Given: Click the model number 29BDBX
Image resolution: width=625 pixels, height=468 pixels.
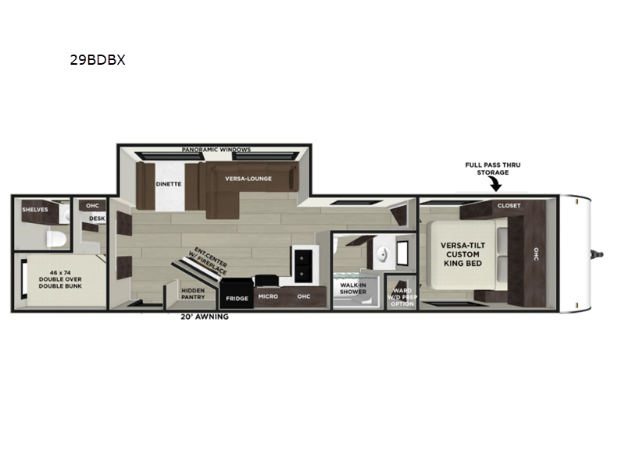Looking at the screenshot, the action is point(98,60).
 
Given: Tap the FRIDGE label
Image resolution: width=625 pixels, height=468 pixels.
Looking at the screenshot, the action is point(237,299).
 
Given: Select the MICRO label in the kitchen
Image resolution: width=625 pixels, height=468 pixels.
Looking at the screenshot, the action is point(268,296).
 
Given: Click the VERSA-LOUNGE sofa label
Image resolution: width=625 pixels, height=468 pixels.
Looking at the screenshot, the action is point(248,179).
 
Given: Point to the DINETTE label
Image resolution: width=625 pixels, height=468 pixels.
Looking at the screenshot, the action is point(169,184).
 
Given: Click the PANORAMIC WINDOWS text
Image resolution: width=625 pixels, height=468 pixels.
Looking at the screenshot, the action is point(216,150).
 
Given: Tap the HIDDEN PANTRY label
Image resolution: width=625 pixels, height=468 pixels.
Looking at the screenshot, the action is point(193,294).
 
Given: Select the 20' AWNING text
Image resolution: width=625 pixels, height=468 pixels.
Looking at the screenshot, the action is point(205,317).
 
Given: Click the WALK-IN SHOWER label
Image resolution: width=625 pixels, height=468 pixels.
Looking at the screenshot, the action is point(353,289).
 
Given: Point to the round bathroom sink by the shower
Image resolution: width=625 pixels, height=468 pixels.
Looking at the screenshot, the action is point(382,253).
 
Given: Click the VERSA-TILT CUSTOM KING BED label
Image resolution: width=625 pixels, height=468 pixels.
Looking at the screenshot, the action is point(462,254).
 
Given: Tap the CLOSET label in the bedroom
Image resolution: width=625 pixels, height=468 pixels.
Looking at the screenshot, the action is point(509,205).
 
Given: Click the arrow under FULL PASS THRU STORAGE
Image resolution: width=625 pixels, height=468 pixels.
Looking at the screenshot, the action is point(495,184).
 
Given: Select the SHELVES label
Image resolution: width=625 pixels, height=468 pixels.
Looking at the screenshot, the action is point(35,209).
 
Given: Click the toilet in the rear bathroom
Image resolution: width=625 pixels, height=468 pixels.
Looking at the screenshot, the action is point(55,239).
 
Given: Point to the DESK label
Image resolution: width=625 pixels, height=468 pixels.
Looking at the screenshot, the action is point(97,218).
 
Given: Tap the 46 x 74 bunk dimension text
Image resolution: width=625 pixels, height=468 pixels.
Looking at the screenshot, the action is point(60,272).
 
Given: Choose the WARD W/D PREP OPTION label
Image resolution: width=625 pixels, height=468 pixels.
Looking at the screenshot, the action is point(402,297).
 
